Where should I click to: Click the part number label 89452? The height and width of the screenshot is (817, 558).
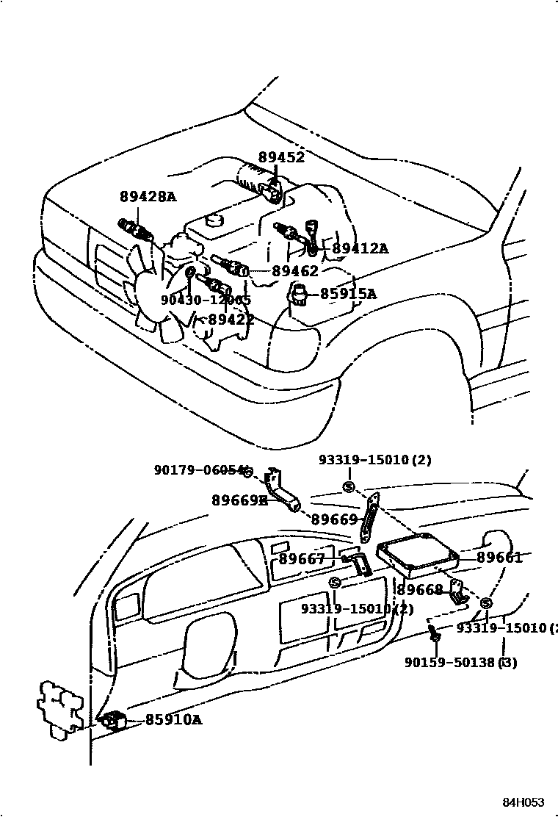pyautogui.click(x=280, y=157)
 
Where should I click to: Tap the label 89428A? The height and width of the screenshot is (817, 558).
pyautogui.click(x=148, y=196)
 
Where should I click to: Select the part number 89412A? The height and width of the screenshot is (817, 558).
pyautogui.click(x=360, y=248)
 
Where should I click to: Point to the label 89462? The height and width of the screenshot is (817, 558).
pyautogui.click(x=295, y=270)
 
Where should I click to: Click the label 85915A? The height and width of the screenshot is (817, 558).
pyautogui.click(x=348, y=294)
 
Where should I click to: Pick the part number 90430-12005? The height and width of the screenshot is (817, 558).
pyautogui.click(x=206, y=300)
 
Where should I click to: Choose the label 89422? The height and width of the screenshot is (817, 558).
pyautogui.click(x=231, y=320)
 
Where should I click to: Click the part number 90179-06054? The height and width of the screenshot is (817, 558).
pyautogui.click(x=198, y=470)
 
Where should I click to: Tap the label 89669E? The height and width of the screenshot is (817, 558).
pyautogui.click(x=239, y=500)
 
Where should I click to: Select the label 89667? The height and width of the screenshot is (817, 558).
pyautogui.click(x=301, y=560)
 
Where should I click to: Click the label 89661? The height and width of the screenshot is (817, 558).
pyautogui.click(x=499, y=558)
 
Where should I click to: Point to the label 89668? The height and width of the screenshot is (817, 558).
pyautogui.click(x=420, y=590)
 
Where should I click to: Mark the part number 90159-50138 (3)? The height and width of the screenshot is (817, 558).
pyautogui.click(x=460, y=663)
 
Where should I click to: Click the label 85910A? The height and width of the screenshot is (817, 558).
pyautogui.click(x=173, y=720)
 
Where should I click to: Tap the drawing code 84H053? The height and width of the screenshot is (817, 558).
pyautogui.click(x=523, y=802)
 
